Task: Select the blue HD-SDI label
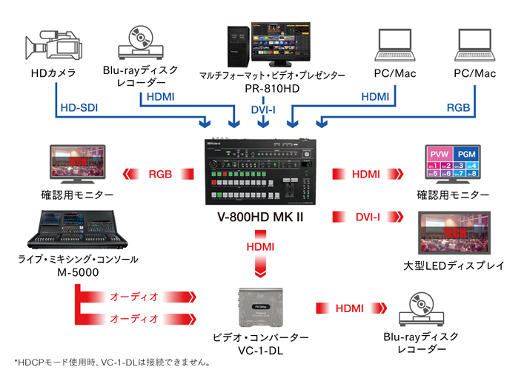[79, 108]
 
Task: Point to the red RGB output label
[161, 175]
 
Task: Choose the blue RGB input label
[457, 108]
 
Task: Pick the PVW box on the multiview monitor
[437, 153]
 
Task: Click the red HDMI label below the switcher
[261, 245]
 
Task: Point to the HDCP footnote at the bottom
[112, 363]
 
